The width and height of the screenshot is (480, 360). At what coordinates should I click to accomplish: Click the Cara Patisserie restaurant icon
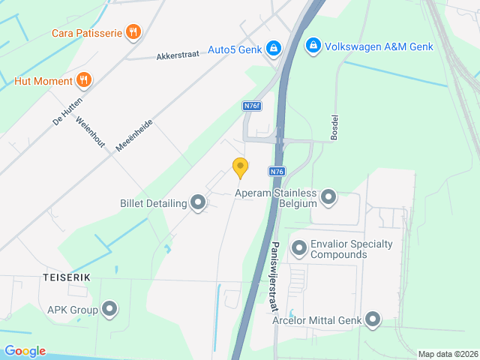(x=133, y=31)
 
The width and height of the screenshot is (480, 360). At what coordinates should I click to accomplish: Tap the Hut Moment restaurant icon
(x=84, y=80)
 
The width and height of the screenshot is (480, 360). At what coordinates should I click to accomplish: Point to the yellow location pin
(x=240, y=167)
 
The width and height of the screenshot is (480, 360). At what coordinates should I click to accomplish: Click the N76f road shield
(x=252, y=106)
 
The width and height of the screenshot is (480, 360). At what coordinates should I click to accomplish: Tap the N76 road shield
(x=277, y=171)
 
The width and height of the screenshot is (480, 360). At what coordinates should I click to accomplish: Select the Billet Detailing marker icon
(x=198, y=202)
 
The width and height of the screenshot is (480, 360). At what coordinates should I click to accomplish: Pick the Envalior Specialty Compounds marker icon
(x=299, y=247)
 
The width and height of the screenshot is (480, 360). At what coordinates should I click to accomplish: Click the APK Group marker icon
(x=109, y=308)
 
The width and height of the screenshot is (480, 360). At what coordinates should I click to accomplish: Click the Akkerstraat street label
(x=178, y=55)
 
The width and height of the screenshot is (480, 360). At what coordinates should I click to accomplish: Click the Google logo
(x=25, y=351)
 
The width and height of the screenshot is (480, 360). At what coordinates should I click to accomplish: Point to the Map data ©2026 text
(x=447, y=354)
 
